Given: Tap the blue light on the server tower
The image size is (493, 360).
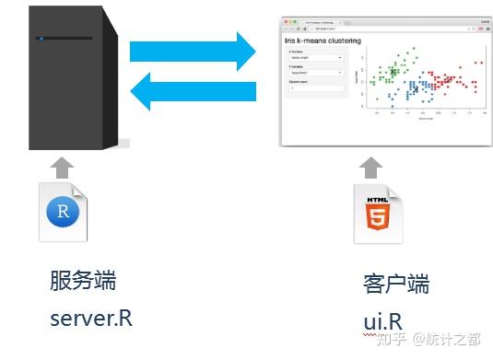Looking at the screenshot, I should point(40,38).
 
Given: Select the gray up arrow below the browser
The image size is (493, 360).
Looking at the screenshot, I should point(370,168).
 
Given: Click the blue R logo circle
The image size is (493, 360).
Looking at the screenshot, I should point(63,213).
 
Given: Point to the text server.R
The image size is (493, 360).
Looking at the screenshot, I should point(90,319).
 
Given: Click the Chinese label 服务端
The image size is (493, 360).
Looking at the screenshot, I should point(83,280).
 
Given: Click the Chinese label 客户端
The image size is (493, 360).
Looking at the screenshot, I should point(396,283).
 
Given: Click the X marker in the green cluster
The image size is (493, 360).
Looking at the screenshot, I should point(394,72).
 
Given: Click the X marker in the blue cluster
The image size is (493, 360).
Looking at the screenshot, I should point(416,89).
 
